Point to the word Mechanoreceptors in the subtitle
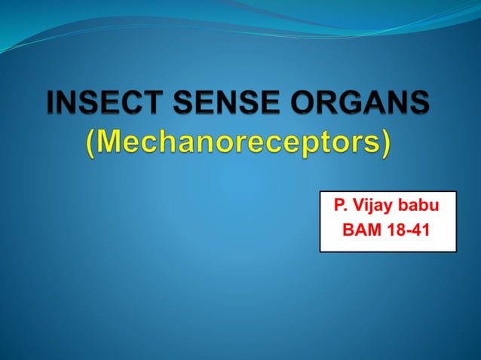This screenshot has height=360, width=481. [238, 143]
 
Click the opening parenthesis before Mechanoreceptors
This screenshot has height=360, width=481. [91, 144]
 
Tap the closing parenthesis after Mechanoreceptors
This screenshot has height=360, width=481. [386, 144]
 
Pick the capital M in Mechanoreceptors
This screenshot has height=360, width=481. [112, 142]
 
